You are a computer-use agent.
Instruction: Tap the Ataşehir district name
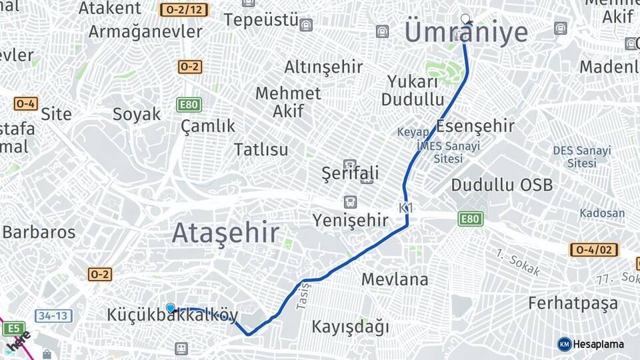[x=225, y=233]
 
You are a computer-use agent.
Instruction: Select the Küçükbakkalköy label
[x=173, y=315]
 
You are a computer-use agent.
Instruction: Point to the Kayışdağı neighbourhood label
[x=350, y=327]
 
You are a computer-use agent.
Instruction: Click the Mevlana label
[x=395, y=279]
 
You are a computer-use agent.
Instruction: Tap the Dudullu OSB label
[x=501, y=185]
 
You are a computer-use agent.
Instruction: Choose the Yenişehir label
[x=351, y=220]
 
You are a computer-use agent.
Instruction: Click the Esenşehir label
[x=475, y=125]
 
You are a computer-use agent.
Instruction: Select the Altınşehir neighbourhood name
[x=323, y=67]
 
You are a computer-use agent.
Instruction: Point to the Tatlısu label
[x=261, y=149]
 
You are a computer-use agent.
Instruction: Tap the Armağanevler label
[x=145, y=31]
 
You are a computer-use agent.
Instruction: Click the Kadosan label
[x=602, y=213]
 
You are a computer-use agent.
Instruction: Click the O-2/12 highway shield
[x=184, y=10]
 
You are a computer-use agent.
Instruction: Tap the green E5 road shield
[x=13, y=328]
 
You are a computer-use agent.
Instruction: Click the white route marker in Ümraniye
[x=465, y=19]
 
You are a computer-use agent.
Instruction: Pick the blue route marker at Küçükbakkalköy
[x=171, y=308]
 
